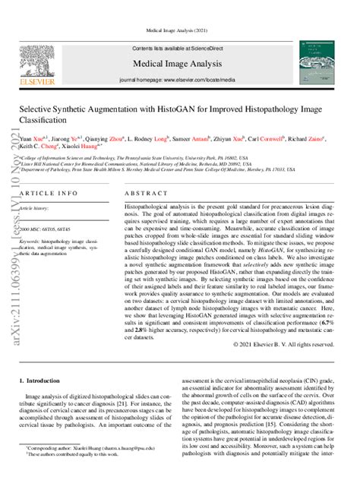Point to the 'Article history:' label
click(36, 207)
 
